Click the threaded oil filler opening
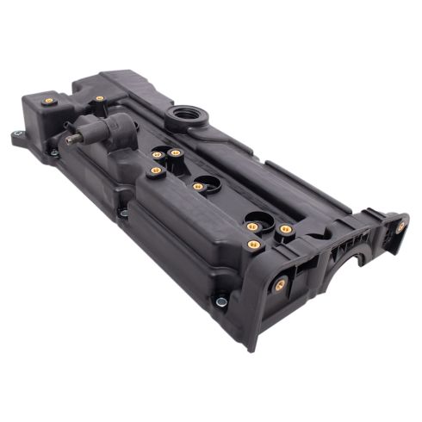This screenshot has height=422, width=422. pos(187,115)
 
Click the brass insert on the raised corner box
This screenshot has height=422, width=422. pos(49,101)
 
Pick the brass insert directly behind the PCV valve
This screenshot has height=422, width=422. pos(100,99)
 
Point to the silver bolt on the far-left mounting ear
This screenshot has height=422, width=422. pos(19,134)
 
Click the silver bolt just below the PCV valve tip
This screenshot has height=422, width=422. pos(53,153)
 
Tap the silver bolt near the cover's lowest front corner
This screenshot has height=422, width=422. pos(221,301)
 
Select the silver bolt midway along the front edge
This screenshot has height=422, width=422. pos(124,212)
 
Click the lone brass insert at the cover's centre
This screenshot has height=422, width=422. pos(198,185)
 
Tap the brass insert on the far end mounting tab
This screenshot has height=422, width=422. pos(401,227)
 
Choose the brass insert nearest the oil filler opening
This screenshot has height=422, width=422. pos(175,152)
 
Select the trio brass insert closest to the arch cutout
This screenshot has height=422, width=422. pos(285,230)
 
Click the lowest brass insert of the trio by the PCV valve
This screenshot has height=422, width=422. pos(156,171)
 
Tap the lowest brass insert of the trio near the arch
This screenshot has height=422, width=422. pos(254,245)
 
